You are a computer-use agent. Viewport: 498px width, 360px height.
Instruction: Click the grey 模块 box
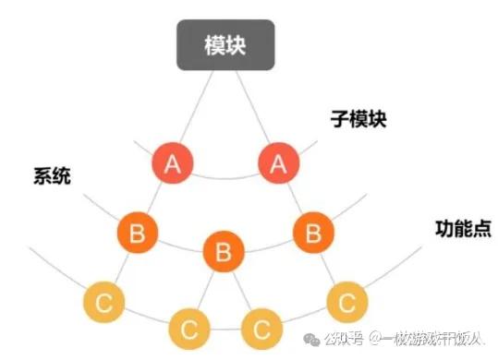tap(225, 45)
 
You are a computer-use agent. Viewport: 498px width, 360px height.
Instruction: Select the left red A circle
tap(172, 165)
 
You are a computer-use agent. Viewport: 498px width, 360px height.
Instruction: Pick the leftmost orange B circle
tap(138, 232)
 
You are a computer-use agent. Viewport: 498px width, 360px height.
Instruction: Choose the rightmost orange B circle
tap(312, 231)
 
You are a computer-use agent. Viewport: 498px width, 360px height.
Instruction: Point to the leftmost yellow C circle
tap(103, 302)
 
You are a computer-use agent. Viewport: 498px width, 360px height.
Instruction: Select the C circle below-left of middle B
tap(189, 327)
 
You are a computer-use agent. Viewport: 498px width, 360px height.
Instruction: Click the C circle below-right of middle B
tap(261, 327)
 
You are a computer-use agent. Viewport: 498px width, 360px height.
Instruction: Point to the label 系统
tap(53, 175)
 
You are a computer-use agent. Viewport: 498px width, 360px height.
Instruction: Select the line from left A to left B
tap(155, 198)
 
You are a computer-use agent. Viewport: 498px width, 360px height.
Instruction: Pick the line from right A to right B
tap(296, 198)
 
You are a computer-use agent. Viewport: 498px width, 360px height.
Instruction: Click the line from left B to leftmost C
tap(121, 266)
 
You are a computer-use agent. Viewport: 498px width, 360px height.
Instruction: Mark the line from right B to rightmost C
tap(330, 266)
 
